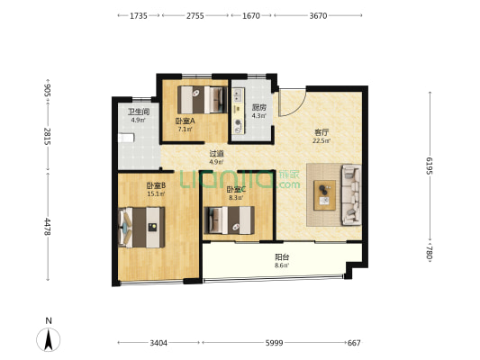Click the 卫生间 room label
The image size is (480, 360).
coord(139,112)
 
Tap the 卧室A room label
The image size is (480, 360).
coord(186,121)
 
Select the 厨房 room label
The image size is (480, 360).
coord(259,108)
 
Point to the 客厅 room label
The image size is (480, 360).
coord(322,132)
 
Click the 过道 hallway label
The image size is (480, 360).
coord(216,154)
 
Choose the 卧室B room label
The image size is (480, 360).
coord(156,185)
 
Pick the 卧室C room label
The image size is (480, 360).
coord(236,190)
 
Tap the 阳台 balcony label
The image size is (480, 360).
coord(282,256)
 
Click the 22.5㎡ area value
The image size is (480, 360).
coord(322,141)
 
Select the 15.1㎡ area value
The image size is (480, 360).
coord(156,193)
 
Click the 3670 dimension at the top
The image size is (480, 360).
coord(319,15)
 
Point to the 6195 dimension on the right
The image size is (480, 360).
coord(430,166)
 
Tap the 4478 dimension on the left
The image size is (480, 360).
coord(48,227)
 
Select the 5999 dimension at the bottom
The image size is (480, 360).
coord(274,343)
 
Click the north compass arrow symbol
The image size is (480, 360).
coord(49,339)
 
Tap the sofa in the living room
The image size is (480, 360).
coord(351,194)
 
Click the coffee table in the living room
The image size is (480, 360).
coord(324,195)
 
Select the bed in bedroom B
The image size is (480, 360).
coord(141,228)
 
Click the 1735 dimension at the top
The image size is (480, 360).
coord(139,15)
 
